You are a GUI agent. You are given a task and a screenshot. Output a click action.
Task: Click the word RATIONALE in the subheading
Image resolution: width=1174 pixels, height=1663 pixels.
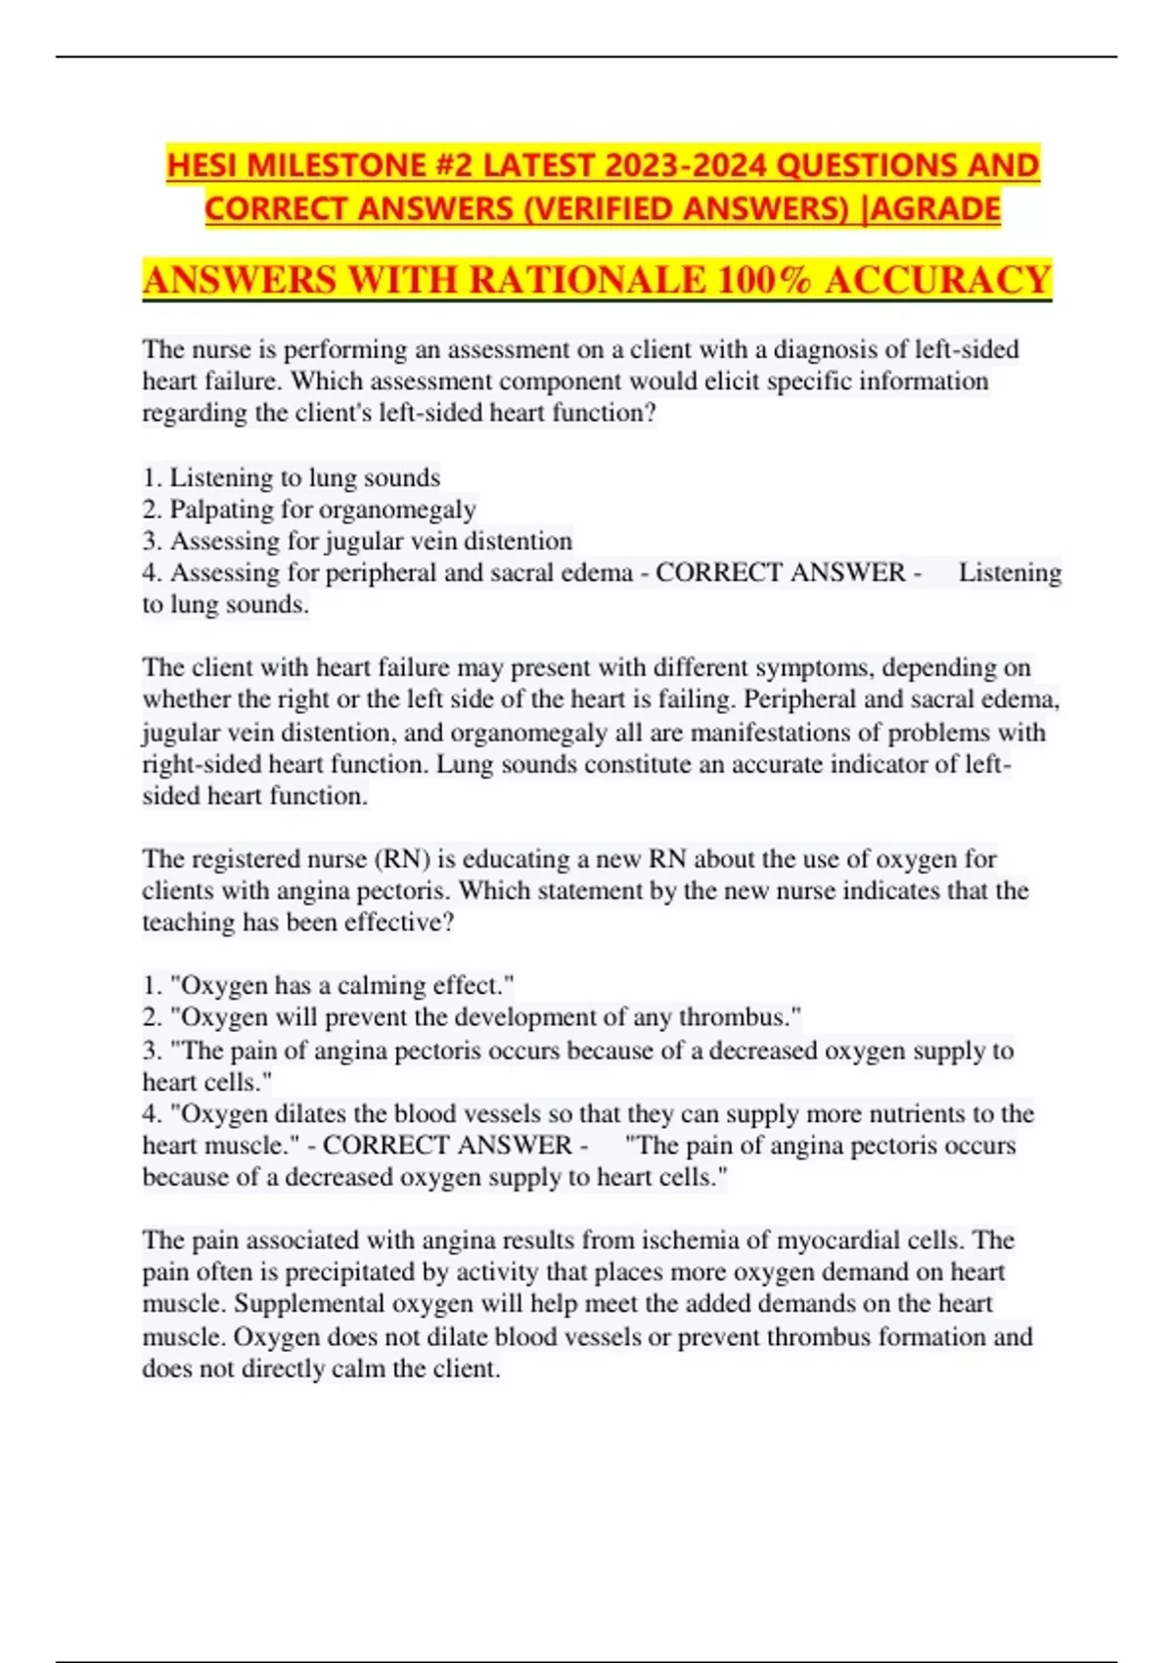coord(587,281)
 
